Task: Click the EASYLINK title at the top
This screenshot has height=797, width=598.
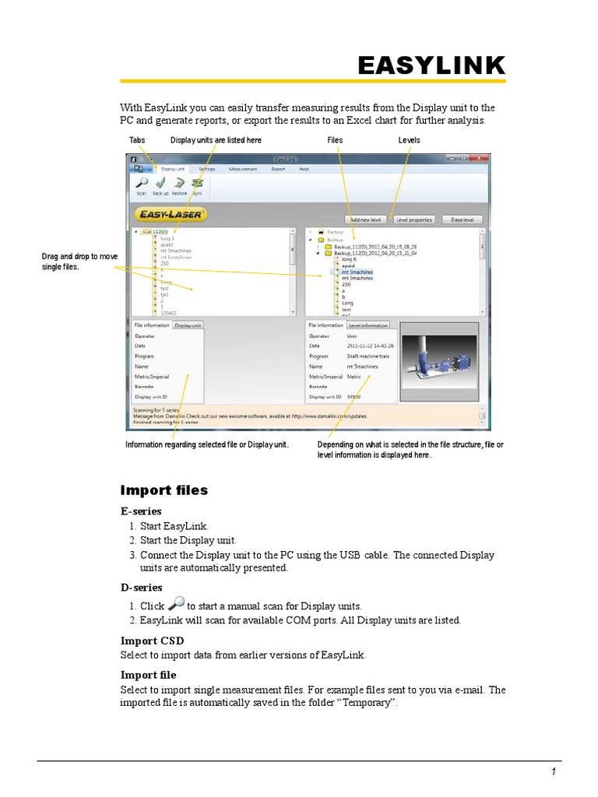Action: [x=431, y=66]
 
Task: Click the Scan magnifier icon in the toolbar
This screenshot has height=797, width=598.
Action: [x=142, y=183]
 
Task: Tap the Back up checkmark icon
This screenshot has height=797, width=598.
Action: [x=160, y=183]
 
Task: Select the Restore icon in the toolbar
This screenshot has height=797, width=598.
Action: [x=179, y=183]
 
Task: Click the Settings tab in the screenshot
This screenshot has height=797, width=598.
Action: [x=206, y=168]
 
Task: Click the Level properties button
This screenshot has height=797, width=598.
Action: [x=413, y=219]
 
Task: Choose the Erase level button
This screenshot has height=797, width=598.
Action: [x=462, y=219]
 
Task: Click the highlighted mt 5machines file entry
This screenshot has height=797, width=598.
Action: [x=357, y=272]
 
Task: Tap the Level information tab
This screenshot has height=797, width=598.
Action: [x=368, y=325]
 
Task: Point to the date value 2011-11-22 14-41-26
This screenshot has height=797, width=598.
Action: [x=370, y=346]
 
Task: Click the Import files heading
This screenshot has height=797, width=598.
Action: [x=164, y=490]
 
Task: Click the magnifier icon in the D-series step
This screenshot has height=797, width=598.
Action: [x=177, y=604]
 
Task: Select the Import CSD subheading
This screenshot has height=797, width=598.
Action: [x=152, y=641]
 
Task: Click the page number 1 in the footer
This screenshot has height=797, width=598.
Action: [x=553, y=771]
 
